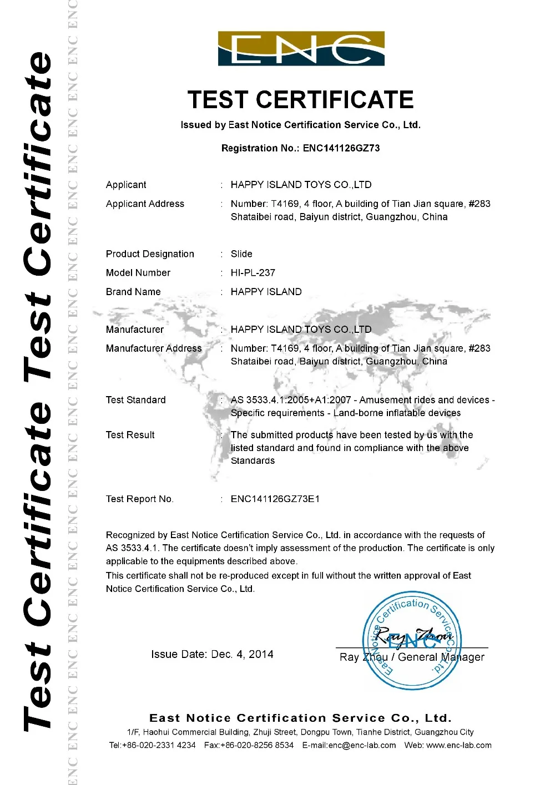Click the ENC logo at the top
click(301, 49)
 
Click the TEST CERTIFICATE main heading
click(301, 100)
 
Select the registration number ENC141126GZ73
click(341, 148)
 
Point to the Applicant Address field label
click(145, 204)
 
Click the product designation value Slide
click(241, 254)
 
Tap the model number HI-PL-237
click(253, 273)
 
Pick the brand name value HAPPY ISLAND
click(266, 292)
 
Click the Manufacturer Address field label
click(154, 348)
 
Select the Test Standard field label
click(136, 400)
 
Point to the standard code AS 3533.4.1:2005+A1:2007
click(291, 400)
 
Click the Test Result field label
click(130, 435)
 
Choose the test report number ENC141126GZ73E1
click(275, 499)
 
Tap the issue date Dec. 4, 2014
click(243, 655)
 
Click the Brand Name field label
click(133, 292)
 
